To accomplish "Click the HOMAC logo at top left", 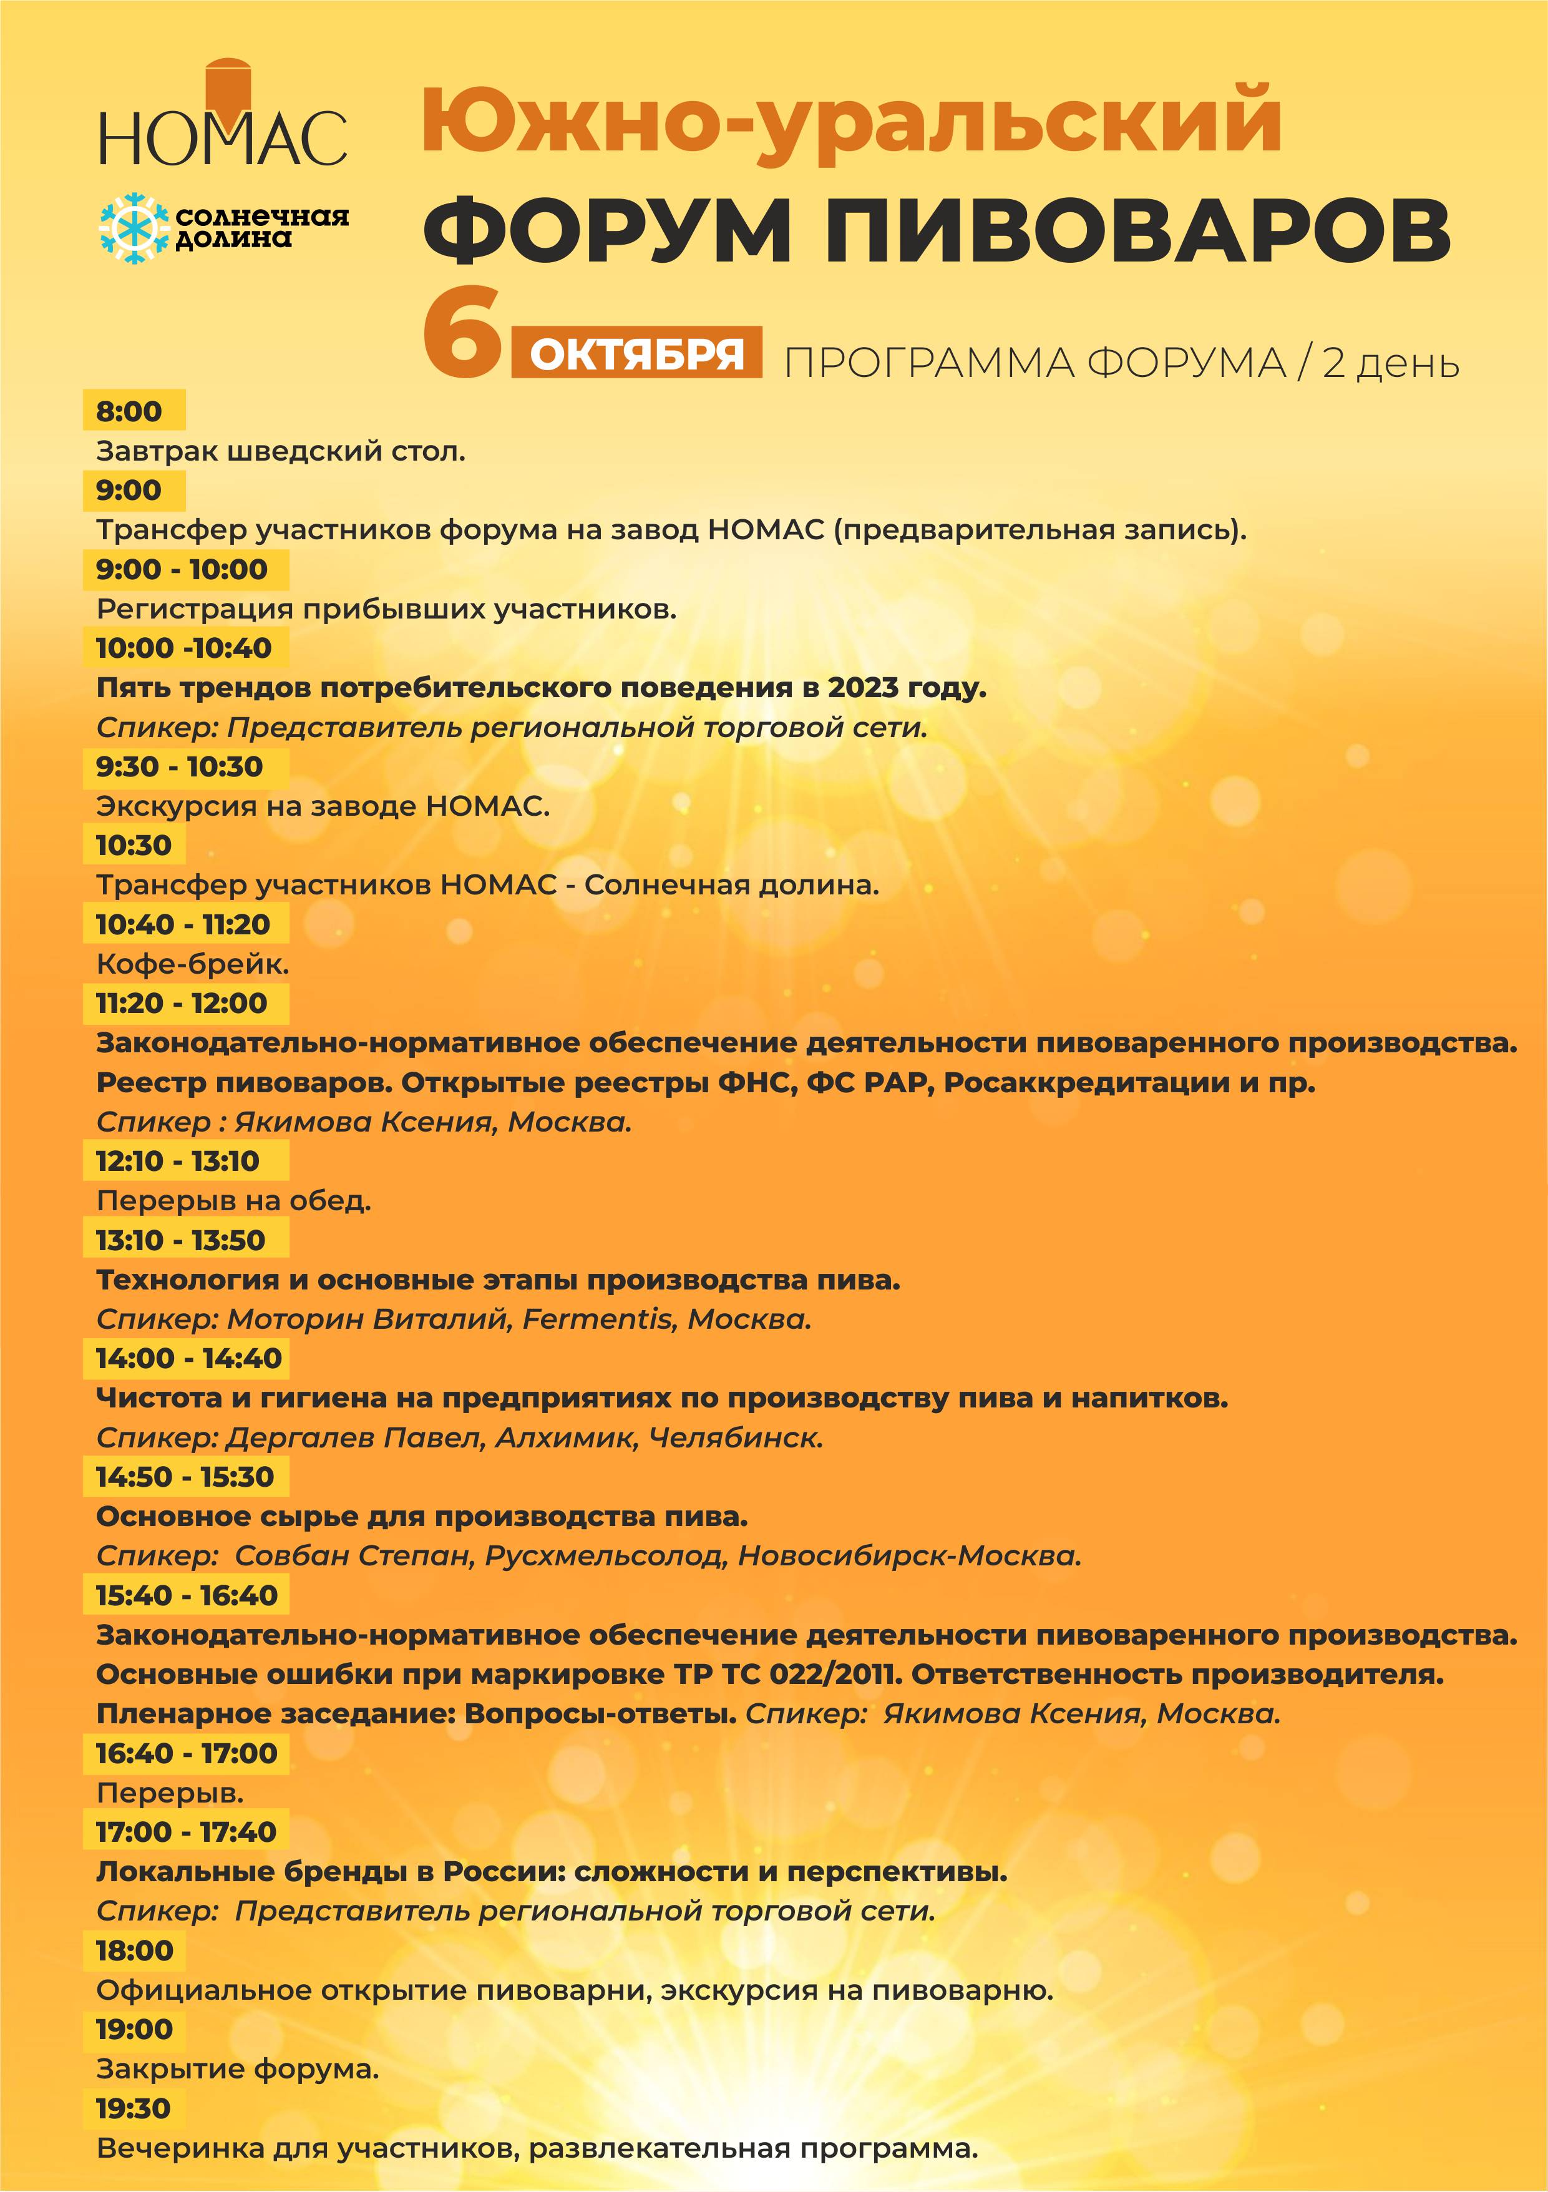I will pos(222,119).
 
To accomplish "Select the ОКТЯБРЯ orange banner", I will pos(636,353).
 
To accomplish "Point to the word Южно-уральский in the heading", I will pos(851,121).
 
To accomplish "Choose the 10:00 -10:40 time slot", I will pos(183,647).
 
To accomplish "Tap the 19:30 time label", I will pos(133,2108).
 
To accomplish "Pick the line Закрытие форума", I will pos(238,2069).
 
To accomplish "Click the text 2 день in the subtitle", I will pos(1391,364).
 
